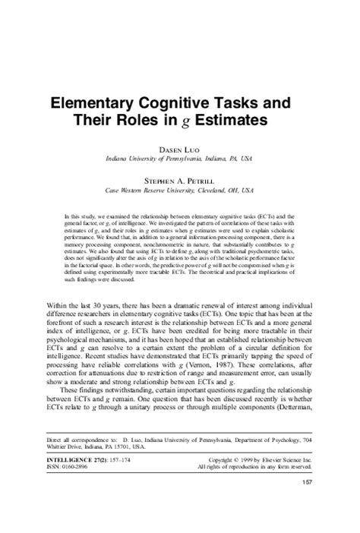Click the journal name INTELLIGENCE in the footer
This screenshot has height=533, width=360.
pos(68,481)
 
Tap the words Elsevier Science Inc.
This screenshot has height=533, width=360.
pos(289,481)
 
